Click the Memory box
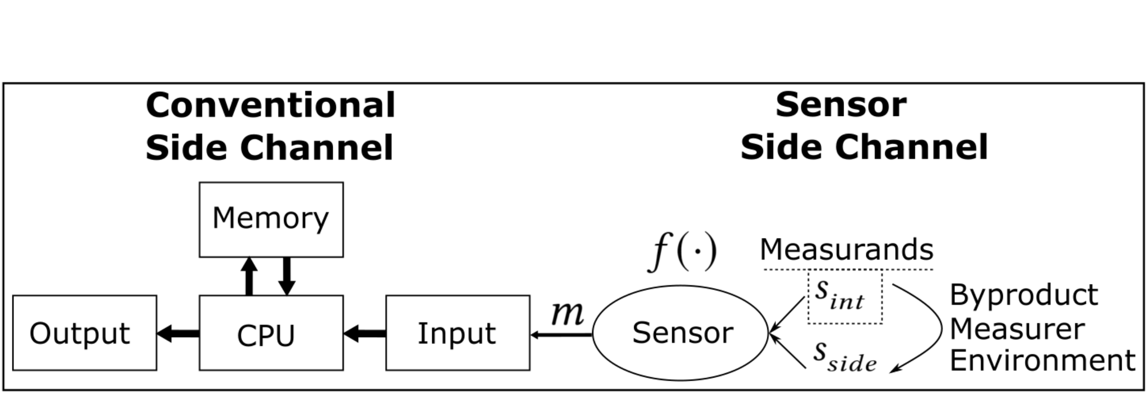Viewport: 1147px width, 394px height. [x=271, y=220]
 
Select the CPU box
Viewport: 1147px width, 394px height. [x=271, y=333]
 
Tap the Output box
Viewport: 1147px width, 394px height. [x=84, y=333]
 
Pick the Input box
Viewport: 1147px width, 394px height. [x=457, y=333]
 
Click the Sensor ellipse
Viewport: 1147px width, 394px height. [x=680, y=333]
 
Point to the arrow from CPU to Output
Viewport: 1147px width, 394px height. [x=178, y=334]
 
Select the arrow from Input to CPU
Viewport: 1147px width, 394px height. [x=364, y=334]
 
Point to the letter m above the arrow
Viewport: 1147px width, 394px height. [x=567, y=313]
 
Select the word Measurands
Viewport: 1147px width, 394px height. [x=847, y=250]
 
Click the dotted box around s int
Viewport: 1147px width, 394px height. [x=845, y=297]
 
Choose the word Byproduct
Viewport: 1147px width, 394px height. [x=1024, y=296]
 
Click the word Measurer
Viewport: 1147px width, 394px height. [x=1017, y=329]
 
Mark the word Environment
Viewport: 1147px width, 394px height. [x=1042, y=361]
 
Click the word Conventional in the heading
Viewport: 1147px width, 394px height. [x=271, y=105]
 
